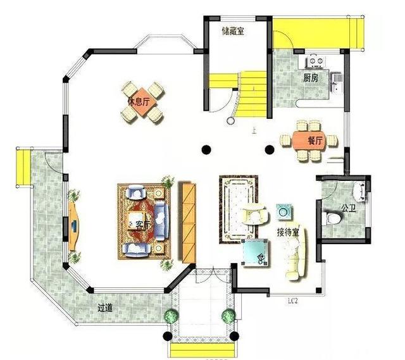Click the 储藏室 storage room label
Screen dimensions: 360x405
point(234,31)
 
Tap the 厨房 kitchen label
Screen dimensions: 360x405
point(310,78)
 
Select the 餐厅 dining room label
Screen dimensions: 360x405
point(315,140)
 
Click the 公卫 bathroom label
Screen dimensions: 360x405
point(348,207)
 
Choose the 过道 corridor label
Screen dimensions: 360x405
point(105,308)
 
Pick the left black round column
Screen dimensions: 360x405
point(206,150)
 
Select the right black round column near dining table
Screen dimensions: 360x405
point(269,150)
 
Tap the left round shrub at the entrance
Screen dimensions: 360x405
point(171,316)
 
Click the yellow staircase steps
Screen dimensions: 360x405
point(253,89)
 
